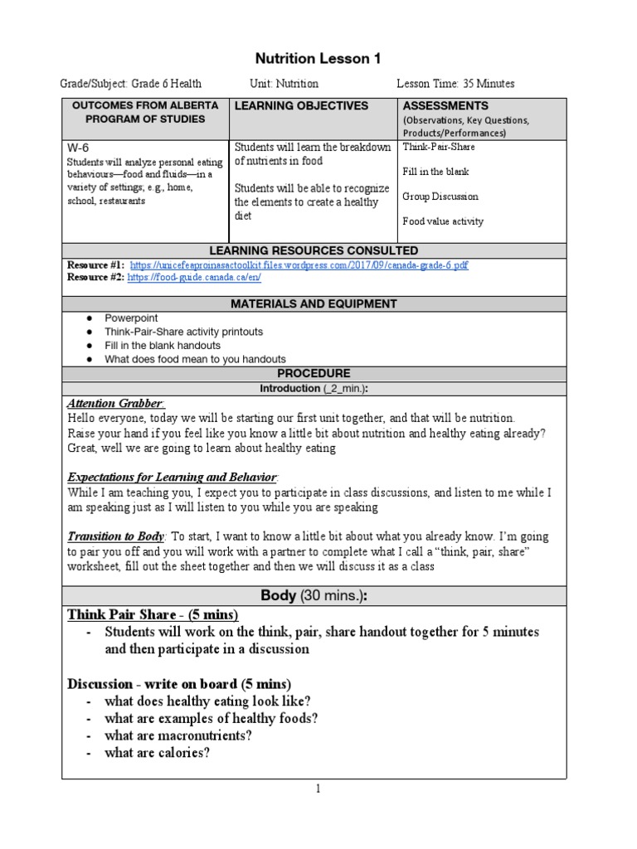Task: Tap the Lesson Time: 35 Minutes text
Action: point(455,84)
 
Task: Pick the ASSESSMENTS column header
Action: point(445,106)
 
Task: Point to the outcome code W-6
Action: point(77,148)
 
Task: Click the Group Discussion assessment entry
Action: point(442,196)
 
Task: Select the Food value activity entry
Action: point(443,221)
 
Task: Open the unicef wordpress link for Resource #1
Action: point(299,265)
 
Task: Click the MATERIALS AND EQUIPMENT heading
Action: point(314,304)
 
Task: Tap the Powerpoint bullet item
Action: point(131,318)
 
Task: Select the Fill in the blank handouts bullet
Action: point(163,346)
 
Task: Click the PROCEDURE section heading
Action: point(314,374)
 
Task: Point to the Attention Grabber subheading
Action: point(115,404)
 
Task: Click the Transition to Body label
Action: point(117,537)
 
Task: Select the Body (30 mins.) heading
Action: point(314,595)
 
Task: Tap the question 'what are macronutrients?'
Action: point(178,735)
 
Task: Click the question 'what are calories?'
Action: point(157,754)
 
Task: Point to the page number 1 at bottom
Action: point(316,789)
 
